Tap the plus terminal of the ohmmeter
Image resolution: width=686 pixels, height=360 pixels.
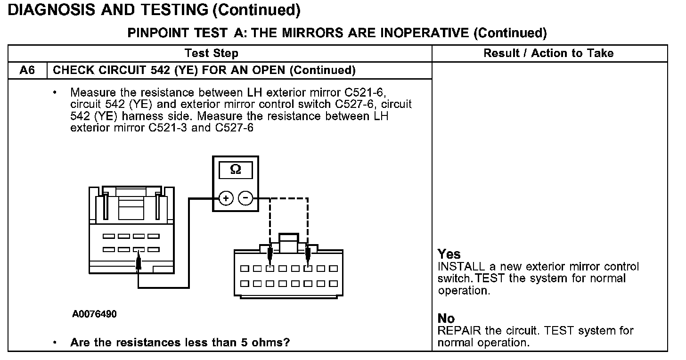coord(226,198)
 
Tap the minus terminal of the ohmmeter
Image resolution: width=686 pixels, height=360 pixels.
coord(245,198)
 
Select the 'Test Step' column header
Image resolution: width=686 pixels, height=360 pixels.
coord(211,53)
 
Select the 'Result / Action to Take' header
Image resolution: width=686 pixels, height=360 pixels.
coord(548,53)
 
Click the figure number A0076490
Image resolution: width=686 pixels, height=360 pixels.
coord(94,314)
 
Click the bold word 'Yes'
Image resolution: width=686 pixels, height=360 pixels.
coord(449,254)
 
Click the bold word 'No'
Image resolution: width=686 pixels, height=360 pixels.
coord(446,319)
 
